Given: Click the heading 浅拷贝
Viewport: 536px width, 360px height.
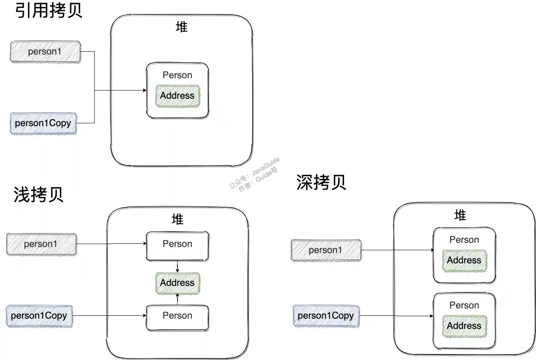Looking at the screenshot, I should click(x=39, y=195).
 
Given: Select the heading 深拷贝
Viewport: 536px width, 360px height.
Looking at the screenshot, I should click(x=321, y=182).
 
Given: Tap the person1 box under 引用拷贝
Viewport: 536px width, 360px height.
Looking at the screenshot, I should click(x=45, y=52).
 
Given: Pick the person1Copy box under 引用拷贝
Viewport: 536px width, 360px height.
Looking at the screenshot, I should click(x=43, y=123).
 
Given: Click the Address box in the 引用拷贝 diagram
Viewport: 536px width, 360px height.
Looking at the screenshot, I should click(x=177, y=96).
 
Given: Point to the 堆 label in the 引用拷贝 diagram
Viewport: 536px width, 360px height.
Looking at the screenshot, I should click(x=182, y=27).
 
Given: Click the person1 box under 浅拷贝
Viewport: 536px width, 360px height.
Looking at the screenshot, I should click(x=41, y=244).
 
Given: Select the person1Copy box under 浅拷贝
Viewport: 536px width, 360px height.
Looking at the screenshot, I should click(x=39, y=316).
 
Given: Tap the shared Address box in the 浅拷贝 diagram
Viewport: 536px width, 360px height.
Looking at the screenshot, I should click(x=177, y=283).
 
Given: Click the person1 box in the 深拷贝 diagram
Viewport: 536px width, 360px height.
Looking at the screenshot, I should click(x=326, y=250).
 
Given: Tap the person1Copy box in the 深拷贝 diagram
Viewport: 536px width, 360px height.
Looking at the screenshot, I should click(x=326, y=316).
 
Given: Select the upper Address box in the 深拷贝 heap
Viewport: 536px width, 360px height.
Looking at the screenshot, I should click(x=464, y=260).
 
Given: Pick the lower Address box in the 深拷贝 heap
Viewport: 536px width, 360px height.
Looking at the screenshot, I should click(x=464, y=326).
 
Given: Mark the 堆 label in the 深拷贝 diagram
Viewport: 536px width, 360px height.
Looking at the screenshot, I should click(x=461, y=215).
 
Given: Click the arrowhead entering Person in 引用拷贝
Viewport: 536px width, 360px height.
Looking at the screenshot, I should click(x=145, y=91).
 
